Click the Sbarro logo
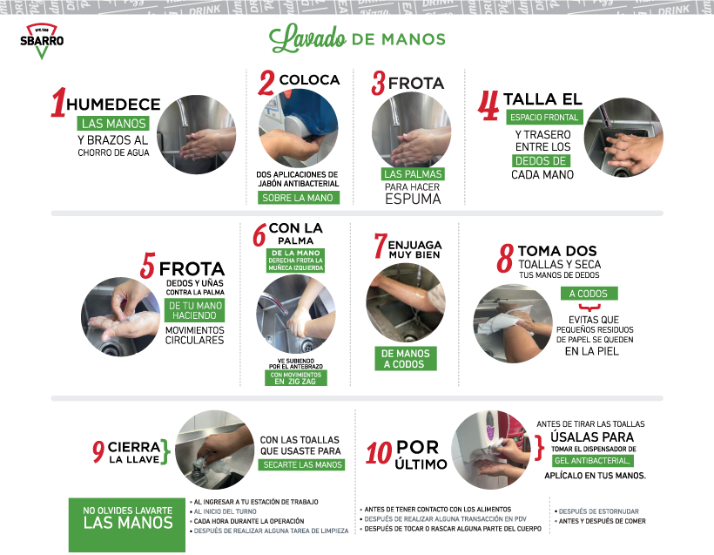(42, 41)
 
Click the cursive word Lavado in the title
(307, 38)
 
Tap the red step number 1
(57, 102)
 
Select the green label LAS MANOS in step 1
(114, 124)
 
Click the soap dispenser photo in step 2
(299, 128)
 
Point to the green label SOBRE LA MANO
(298, 198)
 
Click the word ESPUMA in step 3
(413, 200)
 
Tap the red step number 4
(488, 105)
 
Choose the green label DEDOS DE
(541, 161)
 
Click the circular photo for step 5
(121, 316)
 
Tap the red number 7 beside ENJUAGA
(380, 246)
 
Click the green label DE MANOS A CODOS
(406, 359)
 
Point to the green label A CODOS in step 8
(589, 294)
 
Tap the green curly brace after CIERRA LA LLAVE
(165, 452)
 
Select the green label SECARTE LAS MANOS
(302, 464)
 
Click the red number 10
(379, 454)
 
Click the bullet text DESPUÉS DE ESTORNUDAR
(599, 511)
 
